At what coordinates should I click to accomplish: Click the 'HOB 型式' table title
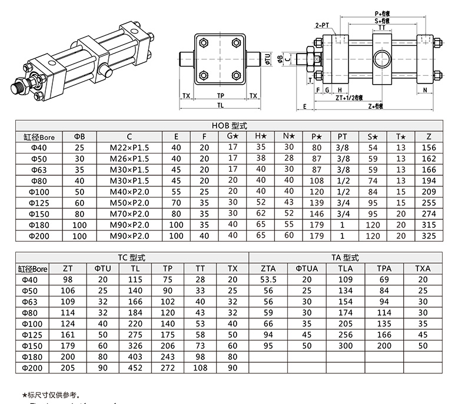(231, 125)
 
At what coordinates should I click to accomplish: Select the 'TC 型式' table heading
(135, 258)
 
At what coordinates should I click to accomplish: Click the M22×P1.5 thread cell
(129, 148)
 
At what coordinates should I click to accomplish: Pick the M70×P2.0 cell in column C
(129, 213)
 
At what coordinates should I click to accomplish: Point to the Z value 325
(429, 236)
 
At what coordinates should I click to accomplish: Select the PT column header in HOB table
(343, 136)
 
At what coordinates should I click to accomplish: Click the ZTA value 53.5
(268, 279)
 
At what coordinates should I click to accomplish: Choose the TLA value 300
(344, 346)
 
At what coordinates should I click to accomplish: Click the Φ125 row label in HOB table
(34, 203)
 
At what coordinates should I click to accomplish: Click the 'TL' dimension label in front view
(220, 106)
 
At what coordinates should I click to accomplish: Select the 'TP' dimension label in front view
(220, 95)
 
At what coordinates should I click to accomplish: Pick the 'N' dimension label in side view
(424, 90)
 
